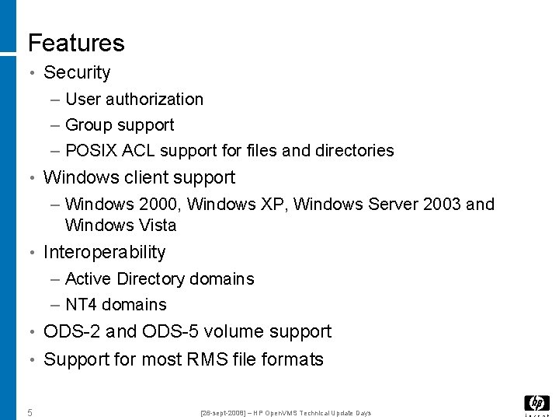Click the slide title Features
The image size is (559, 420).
pyautogui.click(x=76, y=43)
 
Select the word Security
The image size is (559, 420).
pyautogui.click(x=77, y=72)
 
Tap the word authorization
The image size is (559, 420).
pyautogui.click(x=155, y=99)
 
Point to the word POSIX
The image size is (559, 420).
pyautogui.click(x=91, y=150)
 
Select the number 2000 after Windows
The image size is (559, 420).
pyautogui.click(x=160, y=204)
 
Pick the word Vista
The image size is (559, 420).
pyautogui.click(x=158, y=225)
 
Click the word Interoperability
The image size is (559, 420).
pyautogui.click(x=105, y=252)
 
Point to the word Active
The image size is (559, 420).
pyautogui.click(x=88, y=278)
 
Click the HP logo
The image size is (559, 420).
pyautogui.click(x=536, y=404)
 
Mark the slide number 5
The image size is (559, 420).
pyautogui.click(x=30, y=412)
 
